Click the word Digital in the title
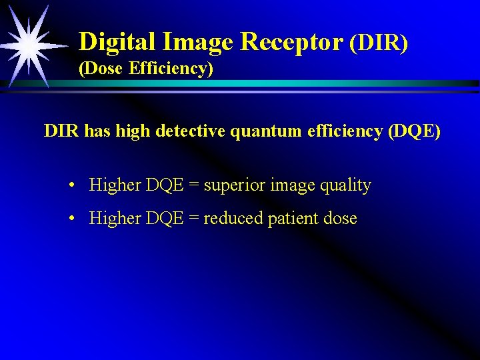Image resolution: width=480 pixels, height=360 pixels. coord(117,43)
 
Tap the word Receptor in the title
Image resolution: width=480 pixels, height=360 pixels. coord(291,42)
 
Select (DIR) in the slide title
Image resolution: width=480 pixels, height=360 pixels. coord(378,43)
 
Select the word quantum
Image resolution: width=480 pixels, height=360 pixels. coord(269,131)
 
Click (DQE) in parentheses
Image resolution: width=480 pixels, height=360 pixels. coord(414,131)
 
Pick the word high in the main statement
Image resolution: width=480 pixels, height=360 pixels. coord(133,131)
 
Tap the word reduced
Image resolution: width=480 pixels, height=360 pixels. coord(233,218)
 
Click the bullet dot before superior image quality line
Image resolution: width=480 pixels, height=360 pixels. coord(71,186)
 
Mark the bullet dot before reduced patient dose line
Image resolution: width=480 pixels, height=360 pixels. coord(71,219)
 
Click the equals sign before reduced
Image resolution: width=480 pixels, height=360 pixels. coord(193,219)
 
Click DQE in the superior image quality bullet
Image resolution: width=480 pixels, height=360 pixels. coord(163,185)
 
